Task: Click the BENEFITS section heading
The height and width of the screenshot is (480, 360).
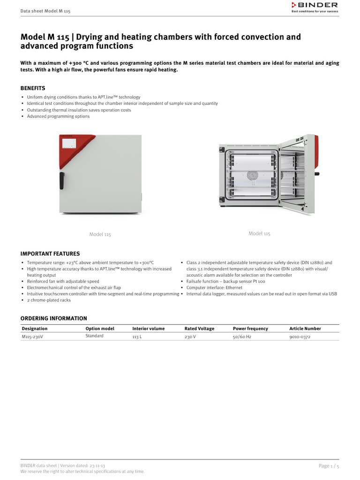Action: [x=33, y=88]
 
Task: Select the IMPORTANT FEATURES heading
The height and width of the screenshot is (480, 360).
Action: [x=50, y=254]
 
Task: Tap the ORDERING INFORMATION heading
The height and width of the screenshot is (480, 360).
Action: [x=54, y=318]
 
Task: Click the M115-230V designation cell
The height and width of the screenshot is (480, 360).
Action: [x=32, y=337]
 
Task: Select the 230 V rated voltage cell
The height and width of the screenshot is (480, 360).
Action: [x=190, y=337]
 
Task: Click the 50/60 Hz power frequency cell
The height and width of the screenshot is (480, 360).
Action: [x=242, y=337]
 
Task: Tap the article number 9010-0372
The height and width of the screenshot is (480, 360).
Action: [x=300, y=337]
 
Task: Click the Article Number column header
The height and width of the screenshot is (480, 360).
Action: [x=305, y=329]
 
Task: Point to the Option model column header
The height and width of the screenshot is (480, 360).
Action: [x=100, y=329]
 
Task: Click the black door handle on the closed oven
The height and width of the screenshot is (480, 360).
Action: [x=62, y=180]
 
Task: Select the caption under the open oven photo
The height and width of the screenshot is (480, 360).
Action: [x=259, y=233]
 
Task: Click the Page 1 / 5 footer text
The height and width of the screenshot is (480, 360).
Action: [x=329, y=466]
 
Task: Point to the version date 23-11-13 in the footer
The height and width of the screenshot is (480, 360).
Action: [x=96, y=466]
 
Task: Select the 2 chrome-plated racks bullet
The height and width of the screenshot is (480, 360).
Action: [x=49, y=300]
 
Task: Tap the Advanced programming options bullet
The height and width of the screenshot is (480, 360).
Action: [x=58, y=116]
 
